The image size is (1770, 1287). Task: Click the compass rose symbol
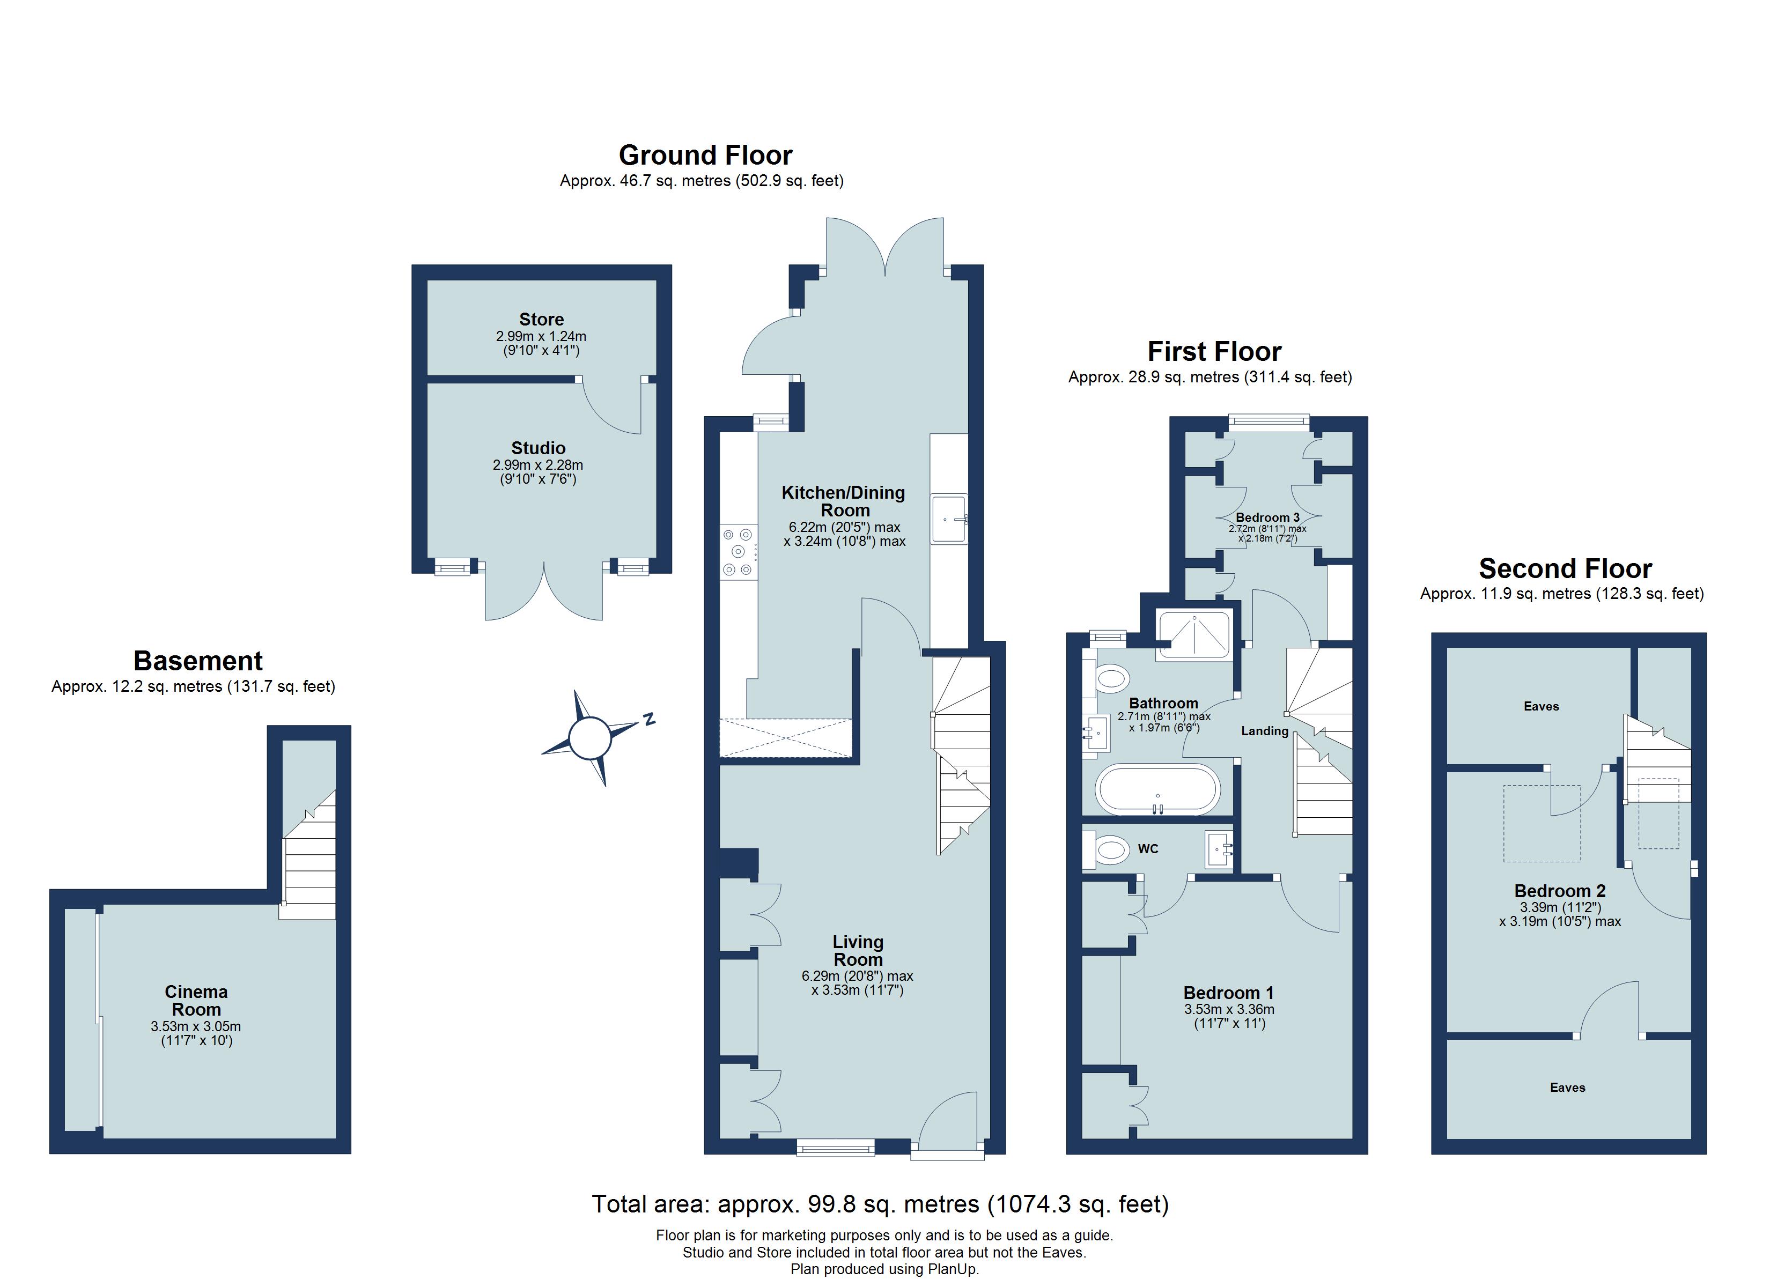tap(589, 737)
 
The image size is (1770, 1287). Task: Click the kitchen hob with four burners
tap(738, 552)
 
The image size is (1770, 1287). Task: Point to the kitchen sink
tap(949, 519)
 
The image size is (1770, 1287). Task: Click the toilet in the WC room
tap(1106, 848)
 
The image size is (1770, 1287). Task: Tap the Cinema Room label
tap(196, 1001)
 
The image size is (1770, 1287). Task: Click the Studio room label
tap(539, 448)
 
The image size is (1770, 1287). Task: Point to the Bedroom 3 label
tap(1267, 517)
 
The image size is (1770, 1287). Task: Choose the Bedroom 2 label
tap(1559, 891)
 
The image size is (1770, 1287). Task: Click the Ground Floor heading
tap(705, 156)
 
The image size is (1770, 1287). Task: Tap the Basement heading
tap(198, 661)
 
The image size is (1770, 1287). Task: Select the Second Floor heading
tap(1566, 568)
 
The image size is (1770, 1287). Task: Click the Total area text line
tap(880, 1204)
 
